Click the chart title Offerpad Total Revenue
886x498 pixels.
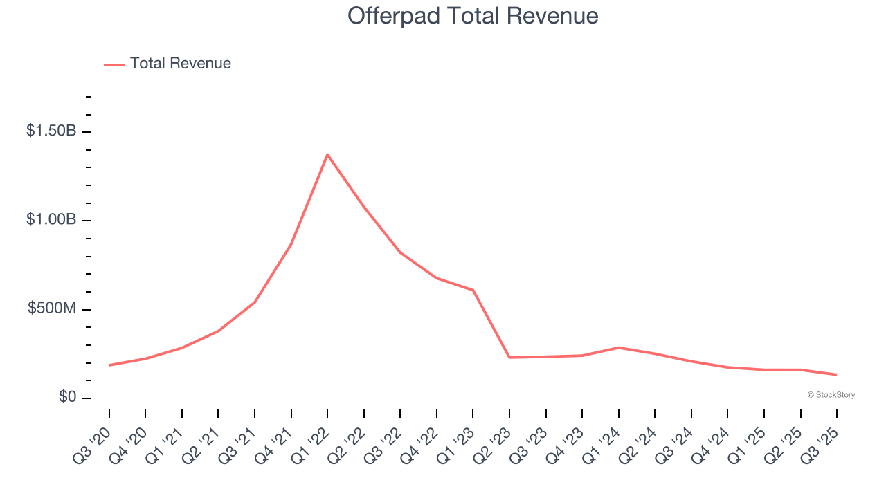tap(473, 16)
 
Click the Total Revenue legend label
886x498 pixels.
tap(180, 64)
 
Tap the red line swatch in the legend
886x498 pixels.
tap(114, 64)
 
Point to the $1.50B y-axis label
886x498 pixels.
tap(51, 131)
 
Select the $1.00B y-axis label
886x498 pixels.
tap(51, 220)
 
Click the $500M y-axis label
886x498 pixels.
tap(52, 308)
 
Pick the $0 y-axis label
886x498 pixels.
tap(67, 397)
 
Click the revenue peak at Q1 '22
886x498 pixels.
tap(327, 154)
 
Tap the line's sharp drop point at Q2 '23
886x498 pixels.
tap(509, 357)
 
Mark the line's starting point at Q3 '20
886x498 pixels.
tap(109, 365)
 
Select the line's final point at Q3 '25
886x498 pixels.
tap(836, 374)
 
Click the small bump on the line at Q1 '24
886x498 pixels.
tap(618, 347)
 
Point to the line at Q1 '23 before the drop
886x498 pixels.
tap(473, 290)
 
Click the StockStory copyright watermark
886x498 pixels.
tap(831, 395)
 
